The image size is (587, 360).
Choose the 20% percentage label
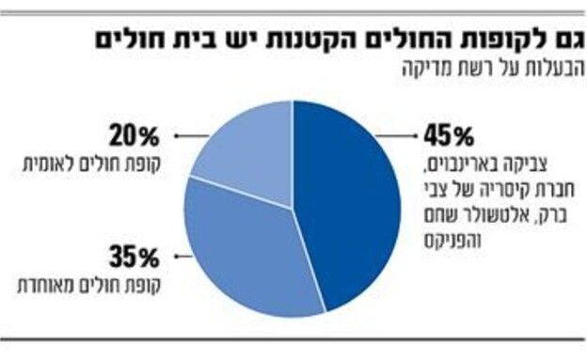pyautogui.click(x=137, y=137)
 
